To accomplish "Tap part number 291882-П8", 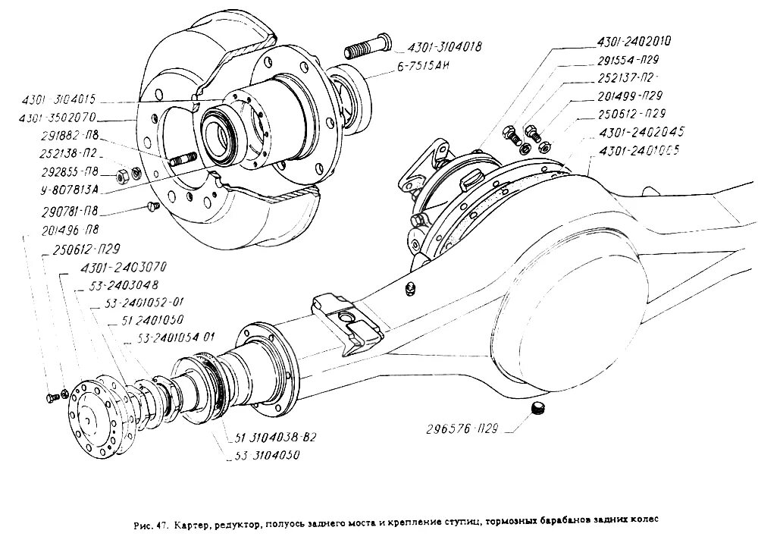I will click(x=66, y=139).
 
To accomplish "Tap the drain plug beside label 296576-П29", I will click(x=539, y=410).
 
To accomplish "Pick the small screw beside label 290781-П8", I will click(x=150, y=206).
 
